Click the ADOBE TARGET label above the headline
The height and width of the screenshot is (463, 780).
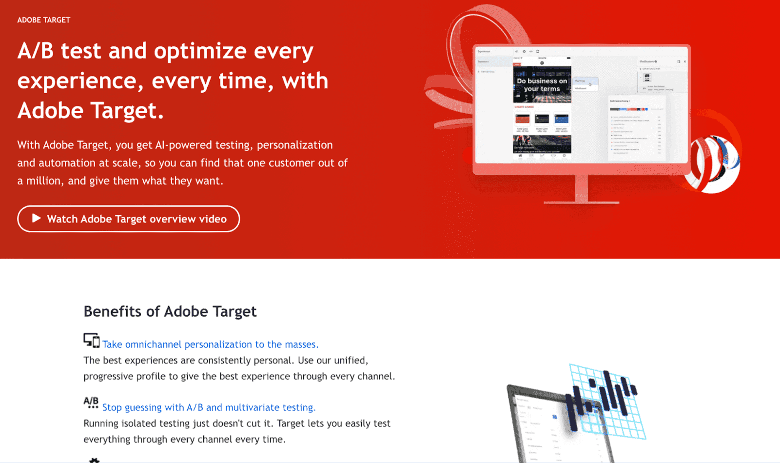click(x=44, y=20)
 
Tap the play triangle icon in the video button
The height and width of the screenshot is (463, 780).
click(x=36, y=218)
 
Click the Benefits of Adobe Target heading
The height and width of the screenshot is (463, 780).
click(x=170, y=311)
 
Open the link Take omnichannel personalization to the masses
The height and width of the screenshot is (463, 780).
click(x=210, y=344)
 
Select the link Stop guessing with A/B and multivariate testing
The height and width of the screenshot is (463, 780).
click(x=209, y=407)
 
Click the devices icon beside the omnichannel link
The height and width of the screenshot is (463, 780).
click(x=91, y=340)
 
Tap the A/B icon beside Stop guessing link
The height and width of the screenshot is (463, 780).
click(x=91, y=403)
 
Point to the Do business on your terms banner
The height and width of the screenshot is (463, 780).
click(x=542, y=85)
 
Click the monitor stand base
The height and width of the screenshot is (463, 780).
click(x=581, y=201)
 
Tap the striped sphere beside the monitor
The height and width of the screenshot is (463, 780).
click(x=712, y=163)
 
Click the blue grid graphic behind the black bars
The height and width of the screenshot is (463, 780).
click(x=629, y=424)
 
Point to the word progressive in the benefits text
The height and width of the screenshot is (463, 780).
click(x=110, y=377)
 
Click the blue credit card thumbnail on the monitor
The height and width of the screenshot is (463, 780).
click(x=561, y=119)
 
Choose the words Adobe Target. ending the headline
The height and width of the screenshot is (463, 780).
click(x=91, y=111)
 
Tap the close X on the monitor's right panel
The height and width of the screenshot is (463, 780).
click(x=685, y=61)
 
